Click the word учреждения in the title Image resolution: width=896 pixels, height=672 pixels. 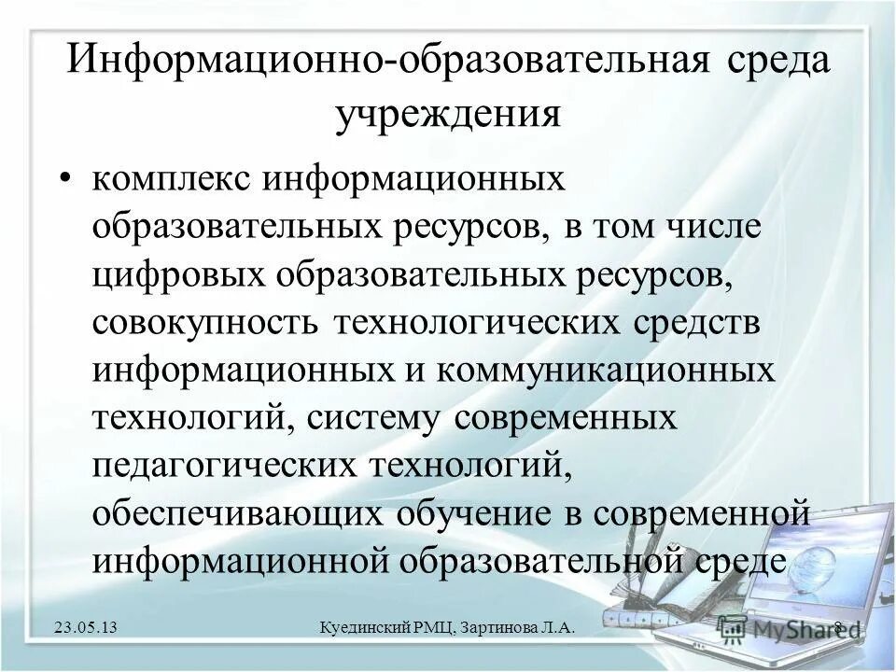pyautogui.click(x=447, y=117)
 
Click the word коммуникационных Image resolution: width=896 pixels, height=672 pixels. pyautogui.click(x=594, y=370)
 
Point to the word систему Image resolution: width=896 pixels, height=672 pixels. pyautogui.click(x=374, y=418)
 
